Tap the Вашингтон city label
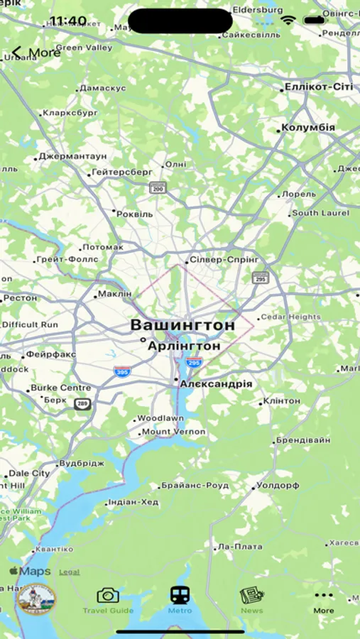coord(182,325)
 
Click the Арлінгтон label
coord(184,346)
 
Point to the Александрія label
coord(216,383)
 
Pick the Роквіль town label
coord(135,213)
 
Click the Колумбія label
coord(308,128)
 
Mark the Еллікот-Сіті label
coord(318,87)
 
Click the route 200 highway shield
coord(158,188)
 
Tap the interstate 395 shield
coord(121,371)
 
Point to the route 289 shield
coord(82,403)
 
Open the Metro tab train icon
coord(180,595)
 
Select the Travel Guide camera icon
coord(108,595)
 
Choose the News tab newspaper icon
coord(251,595)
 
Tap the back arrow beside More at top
coord(17,53)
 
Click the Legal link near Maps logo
coord(69,572)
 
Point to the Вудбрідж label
coord(82,463)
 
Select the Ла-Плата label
coord(240,547)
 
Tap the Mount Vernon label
coord(174,432)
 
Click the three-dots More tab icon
coord(323,595)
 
